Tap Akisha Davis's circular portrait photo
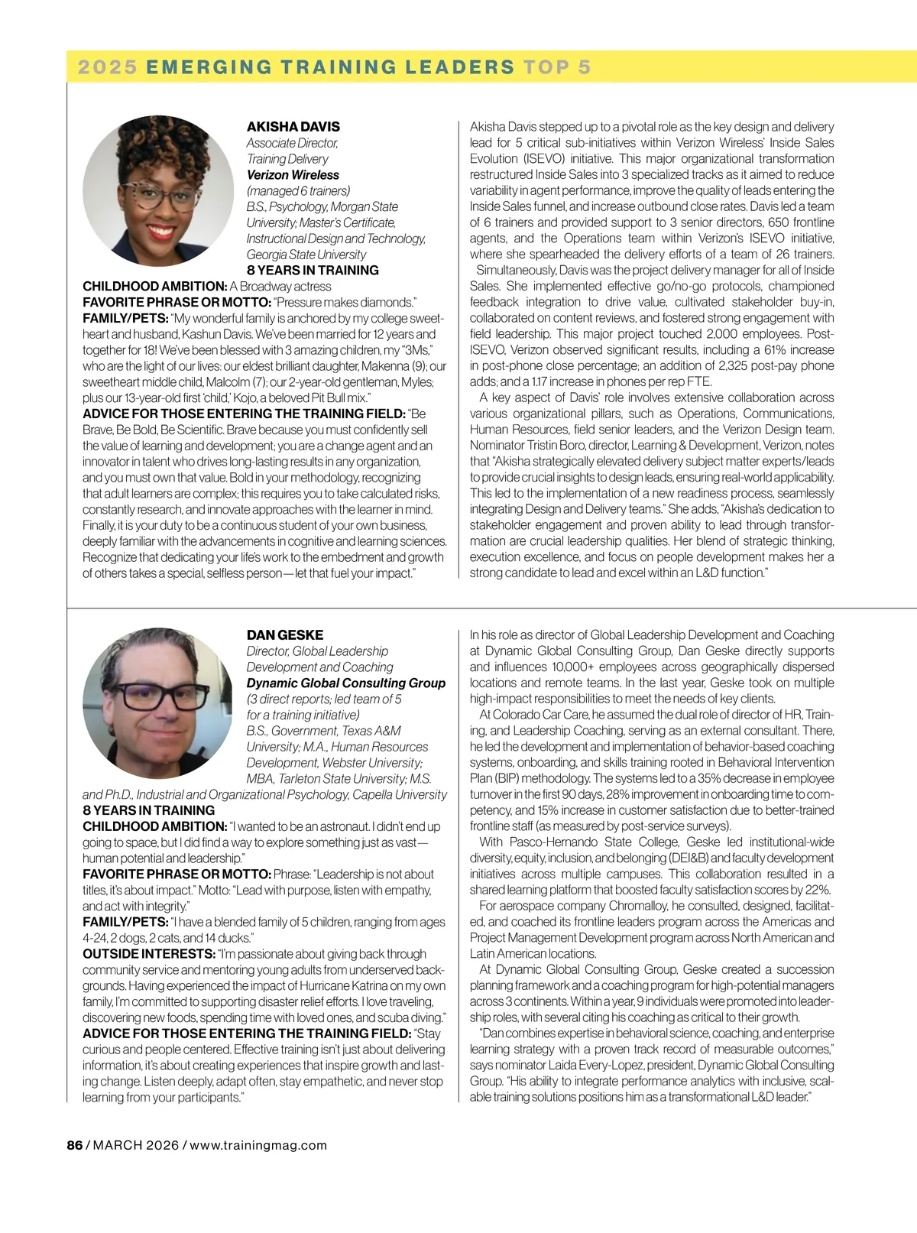click(x=158, y=190)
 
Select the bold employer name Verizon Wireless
click(x=293, y=175)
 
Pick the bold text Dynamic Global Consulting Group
click(x=345, y=683)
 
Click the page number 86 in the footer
click(x=74, y=1145)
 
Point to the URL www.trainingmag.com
click(x=258, y=1145)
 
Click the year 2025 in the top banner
click(x=107, y=67)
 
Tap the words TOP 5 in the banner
click(x=557, y=67)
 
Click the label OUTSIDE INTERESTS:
click(x=148, y=954)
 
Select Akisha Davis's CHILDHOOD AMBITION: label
click(x=154, y=287)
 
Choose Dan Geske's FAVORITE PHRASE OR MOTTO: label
click(x=177, y=874)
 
